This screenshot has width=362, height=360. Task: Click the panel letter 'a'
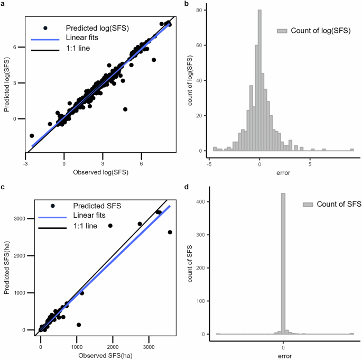3,4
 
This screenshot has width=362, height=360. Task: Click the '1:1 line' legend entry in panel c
81,227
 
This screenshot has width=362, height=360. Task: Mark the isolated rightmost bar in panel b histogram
352,150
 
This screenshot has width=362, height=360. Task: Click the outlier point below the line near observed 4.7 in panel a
125,109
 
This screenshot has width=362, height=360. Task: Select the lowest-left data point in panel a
32,136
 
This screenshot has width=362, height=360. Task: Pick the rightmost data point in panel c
170,232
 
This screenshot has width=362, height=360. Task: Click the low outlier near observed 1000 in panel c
79,325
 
